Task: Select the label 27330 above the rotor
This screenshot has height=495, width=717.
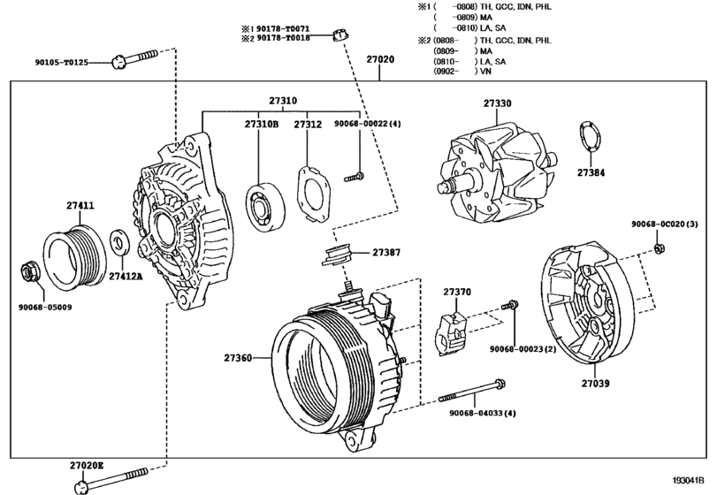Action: pyautogui.click(x=497, y=103)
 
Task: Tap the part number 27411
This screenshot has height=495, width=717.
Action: pyautogui.click(x=80, y=206)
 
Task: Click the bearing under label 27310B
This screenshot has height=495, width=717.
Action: pyautogui.click(x=263, y=202)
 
